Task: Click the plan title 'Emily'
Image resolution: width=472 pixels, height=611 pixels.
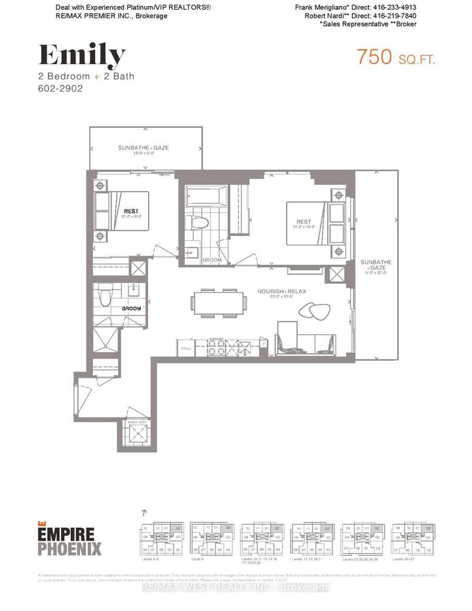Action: point(81,57)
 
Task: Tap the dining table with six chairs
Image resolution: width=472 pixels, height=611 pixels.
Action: point(219,302)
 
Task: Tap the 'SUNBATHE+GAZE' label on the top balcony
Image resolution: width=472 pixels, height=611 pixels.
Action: point(143,148)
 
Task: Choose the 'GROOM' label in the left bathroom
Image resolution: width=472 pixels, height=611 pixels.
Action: point(131,307)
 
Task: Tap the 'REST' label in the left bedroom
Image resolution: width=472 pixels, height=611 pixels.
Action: point(130,212)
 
